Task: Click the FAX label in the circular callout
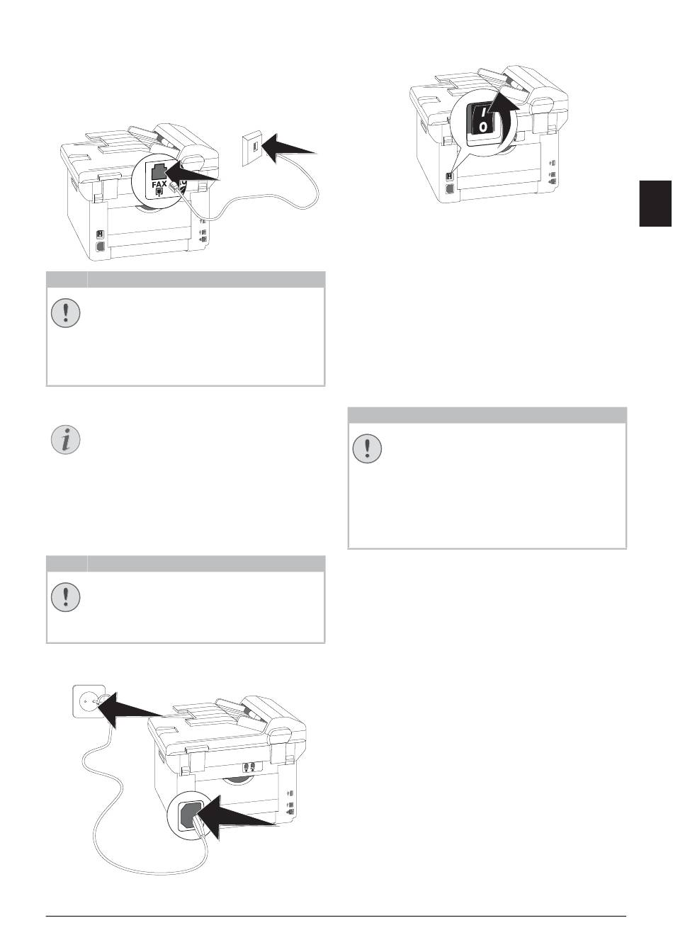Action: (159, 184)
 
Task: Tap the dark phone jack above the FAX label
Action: (159, 171)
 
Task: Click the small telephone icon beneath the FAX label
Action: (159, 193)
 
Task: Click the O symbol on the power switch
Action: (483, 126)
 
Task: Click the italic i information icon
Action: (65, 439)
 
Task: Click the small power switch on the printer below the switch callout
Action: (449, 176)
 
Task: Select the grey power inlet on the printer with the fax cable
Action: (99, 247)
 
